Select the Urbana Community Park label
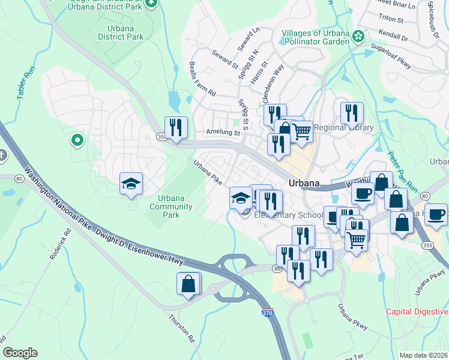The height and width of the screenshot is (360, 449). point(172,206)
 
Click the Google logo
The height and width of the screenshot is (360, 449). point(20,353)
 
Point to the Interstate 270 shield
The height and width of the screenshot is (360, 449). point(268,313)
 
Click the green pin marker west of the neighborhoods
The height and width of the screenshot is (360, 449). point(77,141)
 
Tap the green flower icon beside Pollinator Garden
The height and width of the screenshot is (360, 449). point(358,37)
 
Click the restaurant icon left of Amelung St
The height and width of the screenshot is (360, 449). point(176,127)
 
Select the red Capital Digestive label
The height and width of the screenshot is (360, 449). point(417,311)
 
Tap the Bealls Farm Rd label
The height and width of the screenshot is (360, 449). point(202,79)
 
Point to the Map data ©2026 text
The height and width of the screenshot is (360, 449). point(424,355)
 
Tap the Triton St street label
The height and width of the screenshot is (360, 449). point(390,19)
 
